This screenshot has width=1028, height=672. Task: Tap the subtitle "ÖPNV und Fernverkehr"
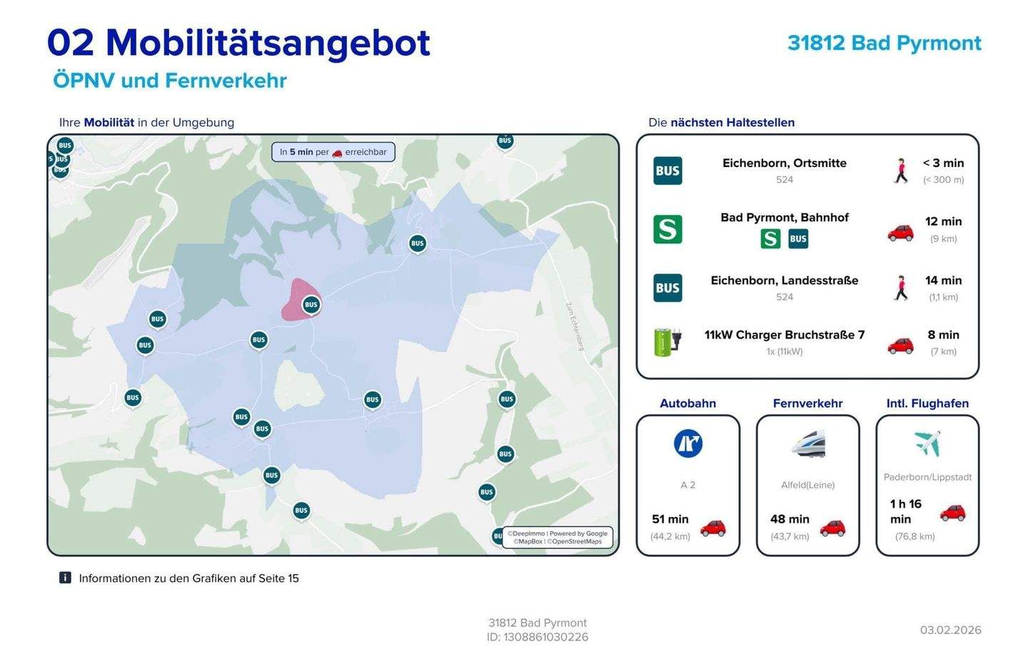(169, 80)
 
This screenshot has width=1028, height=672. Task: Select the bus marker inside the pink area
(311, 305)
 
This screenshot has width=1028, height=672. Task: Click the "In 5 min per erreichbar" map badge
(333, 152)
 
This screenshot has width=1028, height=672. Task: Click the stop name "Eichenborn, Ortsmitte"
(784, 163)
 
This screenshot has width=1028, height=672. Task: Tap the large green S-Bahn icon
(667, 229)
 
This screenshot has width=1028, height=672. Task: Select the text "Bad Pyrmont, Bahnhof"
(784, 217)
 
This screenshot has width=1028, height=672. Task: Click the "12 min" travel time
(943, 221)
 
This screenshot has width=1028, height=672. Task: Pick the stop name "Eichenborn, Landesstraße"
(784, 281)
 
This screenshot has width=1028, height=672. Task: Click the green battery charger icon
(667, 342)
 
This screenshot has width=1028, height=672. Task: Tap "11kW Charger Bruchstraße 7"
(784, 335)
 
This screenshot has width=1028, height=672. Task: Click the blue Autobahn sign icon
(687, 443)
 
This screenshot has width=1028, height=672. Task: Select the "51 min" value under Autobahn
(670, 519)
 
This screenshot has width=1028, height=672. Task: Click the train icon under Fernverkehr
(808, 443)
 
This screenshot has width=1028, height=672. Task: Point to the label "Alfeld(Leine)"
(807, 485)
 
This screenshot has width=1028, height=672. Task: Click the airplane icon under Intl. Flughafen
(927, 443)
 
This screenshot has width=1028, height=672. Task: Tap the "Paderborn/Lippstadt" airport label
(927, 477)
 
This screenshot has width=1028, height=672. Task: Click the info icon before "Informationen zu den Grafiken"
(65, 578)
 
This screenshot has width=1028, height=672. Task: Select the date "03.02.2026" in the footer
(950, 630)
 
